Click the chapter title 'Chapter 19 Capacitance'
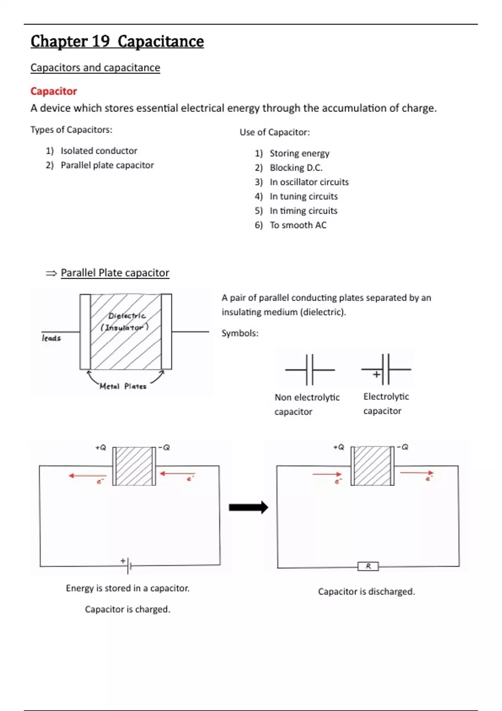[117, 41]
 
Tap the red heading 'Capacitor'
[54, 91]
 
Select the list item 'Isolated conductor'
[99, 151]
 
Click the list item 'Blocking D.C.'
[296, 168]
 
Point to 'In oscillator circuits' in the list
[309, 182]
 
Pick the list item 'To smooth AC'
[298, 225]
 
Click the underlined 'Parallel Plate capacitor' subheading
[115, 273]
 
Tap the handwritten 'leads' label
[51, 338]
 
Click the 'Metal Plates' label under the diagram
[123, 386]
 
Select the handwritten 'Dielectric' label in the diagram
[127, 316]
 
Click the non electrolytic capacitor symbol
[310, 370]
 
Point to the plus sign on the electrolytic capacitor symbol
[376, 374]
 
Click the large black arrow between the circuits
[248, 507]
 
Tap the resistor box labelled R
[368, 566]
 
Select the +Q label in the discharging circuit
[339, 447]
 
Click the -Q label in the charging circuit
[164, 448]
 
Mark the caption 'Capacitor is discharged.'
[366, 591]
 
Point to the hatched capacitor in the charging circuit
[134, 466]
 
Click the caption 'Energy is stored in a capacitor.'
[128, 588]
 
